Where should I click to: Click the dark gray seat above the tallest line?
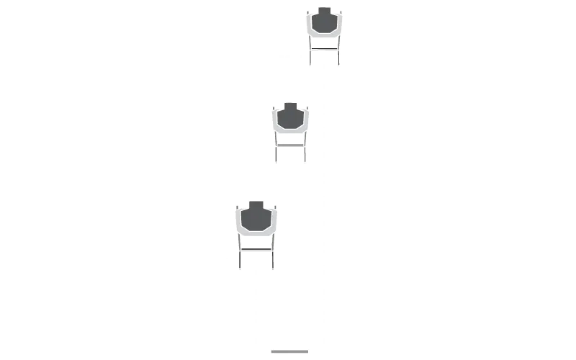point(325,22)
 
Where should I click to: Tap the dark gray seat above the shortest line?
point(256,217)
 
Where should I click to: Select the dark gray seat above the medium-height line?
point(290,118)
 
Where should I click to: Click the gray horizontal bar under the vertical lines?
point(288,351)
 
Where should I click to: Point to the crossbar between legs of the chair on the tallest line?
point(325,49)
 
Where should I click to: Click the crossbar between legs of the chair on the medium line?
point(290,147)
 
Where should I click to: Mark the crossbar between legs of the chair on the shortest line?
point(256,251)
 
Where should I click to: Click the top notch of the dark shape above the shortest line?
point(256,204)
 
